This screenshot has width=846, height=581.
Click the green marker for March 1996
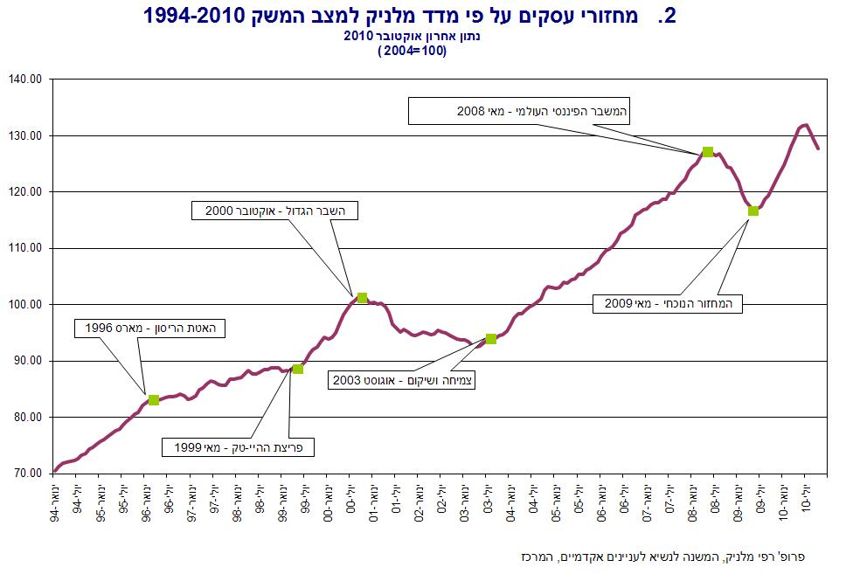click(154, 400)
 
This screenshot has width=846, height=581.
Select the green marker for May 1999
click(297, 370)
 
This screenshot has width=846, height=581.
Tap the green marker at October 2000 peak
click(363, 298)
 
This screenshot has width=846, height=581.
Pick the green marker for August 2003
click(491, 338)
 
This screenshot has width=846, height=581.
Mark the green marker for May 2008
click(708, 152)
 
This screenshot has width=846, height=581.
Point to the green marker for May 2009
click(753, 211)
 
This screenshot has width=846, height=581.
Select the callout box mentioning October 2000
click(275, 211)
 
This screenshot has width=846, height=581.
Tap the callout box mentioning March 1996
click(150, 329)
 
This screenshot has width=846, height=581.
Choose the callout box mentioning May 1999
click(238, 447)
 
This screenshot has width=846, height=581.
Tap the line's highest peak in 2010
click(806, 125)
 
